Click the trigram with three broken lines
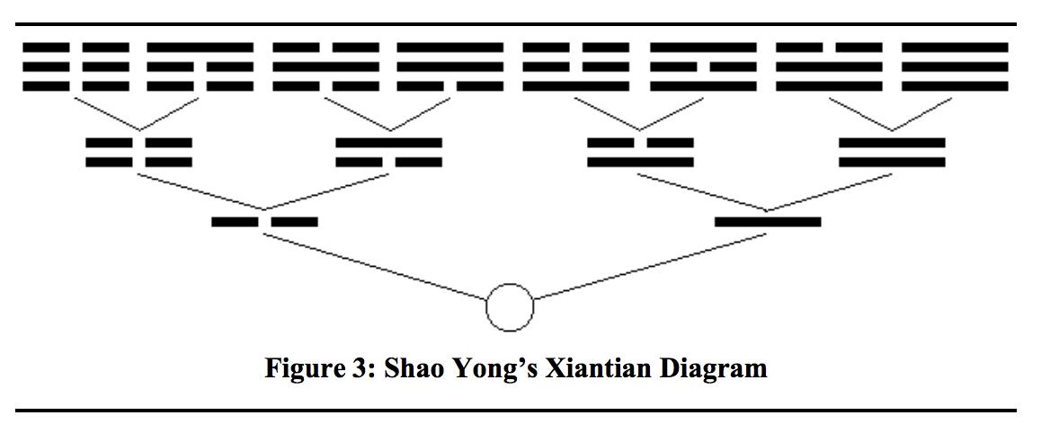76,66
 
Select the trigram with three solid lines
955,66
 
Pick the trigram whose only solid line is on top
200,66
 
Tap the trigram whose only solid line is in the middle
325,66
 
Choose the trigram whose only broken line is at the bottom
450,66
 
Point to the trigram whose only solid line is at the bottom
576,66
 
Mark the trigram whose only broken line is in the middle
703,66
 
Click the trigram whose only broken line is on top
829,66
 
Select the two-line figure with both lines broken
138,153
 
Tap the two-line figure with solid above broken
388,153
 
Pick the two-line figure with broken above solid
640,153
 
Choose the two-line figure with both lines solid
892,153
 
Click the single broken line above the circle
264,221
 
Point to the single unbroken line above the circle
768,221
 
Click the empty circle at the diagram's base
510,307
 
